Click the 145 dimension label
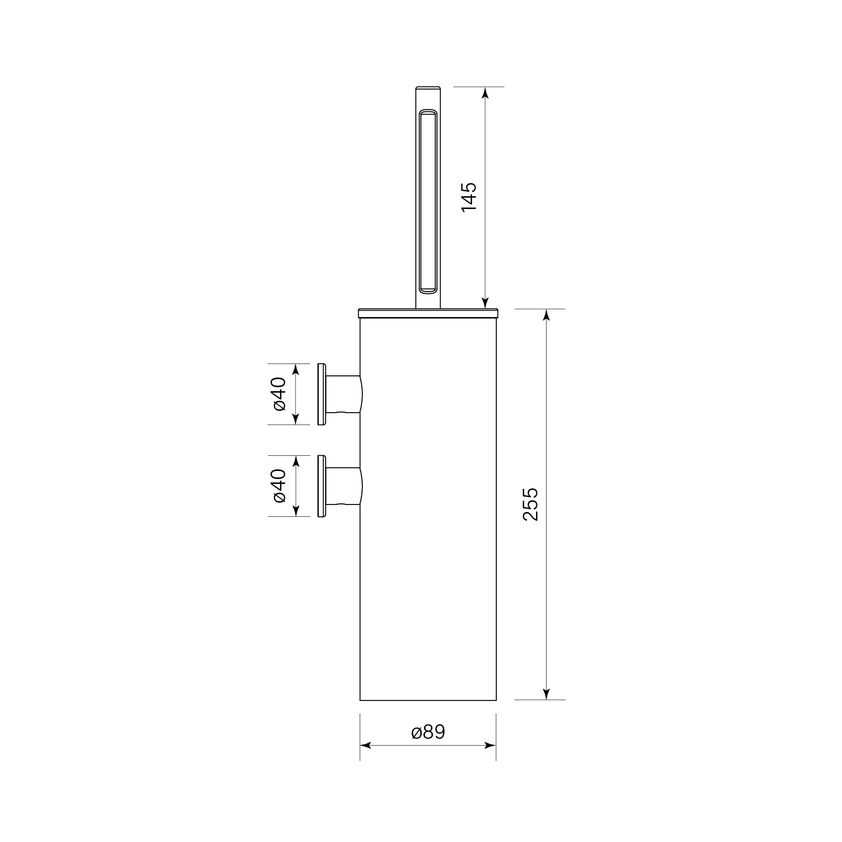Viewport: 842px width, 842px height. [x=469, y=196]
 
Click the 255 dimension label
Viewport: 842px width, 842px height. [x=531, y=504]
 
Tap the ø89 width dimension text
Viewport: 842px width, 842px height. [x=428, y=732]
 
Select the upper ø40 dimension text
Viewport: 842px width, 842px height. [x=279, y=394]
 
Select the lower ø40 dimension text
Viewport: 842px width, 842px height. [x=279, y=486]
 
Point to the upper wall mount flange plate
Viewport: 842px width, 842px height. [x=321, y=394]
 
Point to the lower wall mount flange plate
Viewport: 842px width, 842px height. [x=321, y=486]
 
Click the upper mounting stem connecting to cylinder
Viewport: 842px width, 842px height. [x=344, y=394]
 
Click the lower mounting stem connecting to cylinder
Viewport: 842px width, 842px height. [x=344, y=486]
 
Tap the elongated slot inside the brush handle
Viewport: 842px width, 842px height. [x=428, y=201]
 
